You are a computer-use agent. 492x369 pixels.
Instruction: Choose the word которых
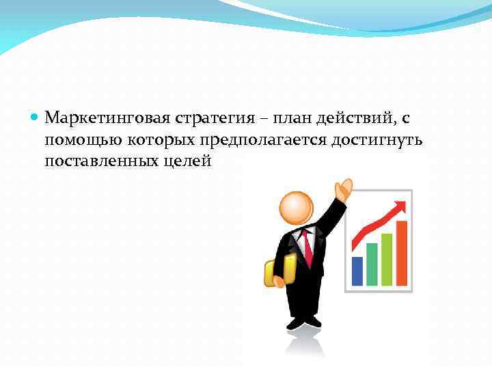point(160,141)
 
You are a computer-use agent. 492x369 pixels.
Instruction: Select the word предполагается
point(264,141)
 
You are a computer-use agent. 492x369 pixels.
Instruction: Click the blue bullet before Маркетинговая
point(36,118)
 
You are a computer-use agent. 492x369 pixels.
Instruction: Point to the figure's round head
point(297,206)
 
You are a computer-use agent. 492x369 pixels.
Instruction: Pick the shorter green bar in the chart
point(372,264)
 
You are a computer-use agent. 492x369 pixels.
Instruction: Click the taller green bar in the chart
point(387,259)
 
